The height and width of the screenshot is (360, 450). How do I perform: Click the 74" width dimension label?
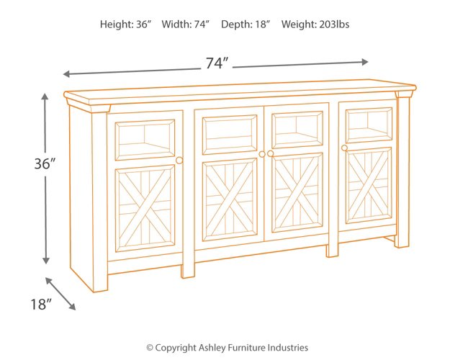(x=216, y=63)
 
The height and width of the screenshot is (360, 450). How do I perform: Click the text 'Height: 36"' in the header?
(x=126, y=24)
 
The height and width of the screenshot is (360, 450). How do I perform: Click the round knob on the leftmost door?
(x=179, y=160)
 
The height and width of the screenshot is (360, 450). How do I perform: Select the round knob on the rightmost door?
(x=345, y=148)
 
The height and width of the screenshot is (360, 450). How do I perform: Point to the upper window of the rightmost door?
(x=369, y=124)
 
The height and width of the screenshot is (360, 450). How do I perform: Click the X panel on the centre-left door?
(x=229, y=199)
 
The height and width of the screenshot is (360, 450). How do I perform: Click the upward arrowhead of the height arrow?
(x=46, y=96)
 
